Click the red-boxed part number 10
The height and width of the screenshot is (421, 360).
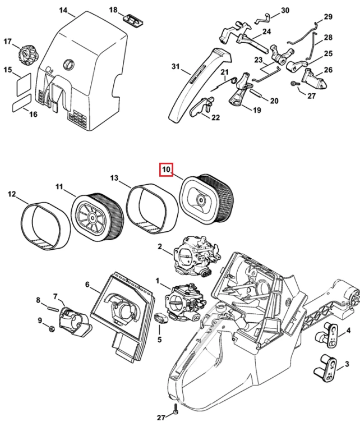coord(167,170)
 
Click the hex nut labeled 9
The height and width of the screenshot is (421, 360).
coord(52,328)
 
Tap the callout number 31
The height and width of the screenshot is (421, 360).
coord(175,66)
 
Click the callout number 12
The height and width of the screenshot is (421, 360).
coord(12,194)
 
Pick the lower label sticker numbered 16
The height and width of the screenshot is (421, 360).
coord(22,103)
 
